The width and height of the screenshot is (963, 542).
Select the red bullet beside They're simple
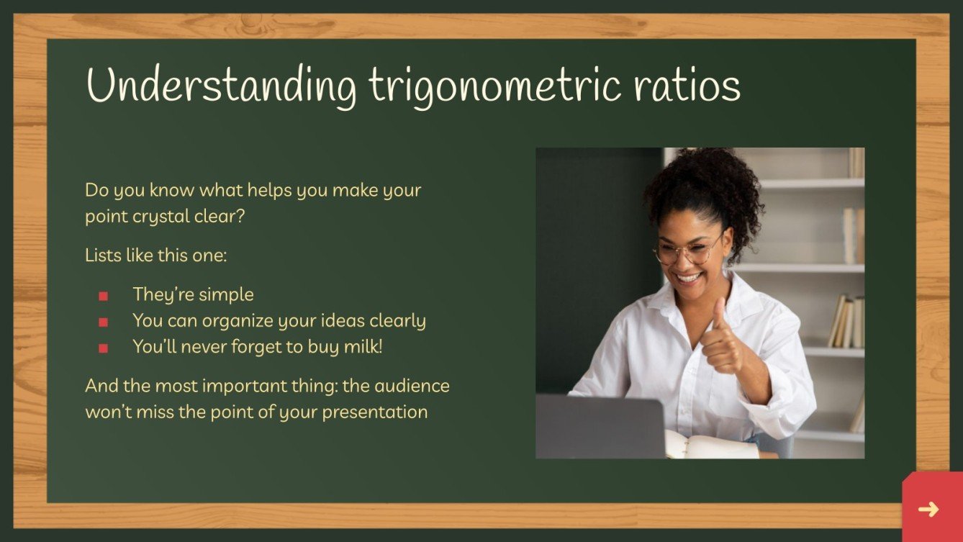coord(103,296)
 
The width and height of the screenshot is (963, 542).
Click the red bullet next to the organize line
coord(103,322)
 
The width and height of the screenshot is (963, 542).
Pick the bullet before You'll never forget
coord(103,348)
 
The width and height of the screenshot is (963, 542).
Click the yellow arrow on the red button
coord(928,510)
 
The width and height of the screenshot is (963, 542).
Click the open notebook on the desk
coord(709,446)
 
